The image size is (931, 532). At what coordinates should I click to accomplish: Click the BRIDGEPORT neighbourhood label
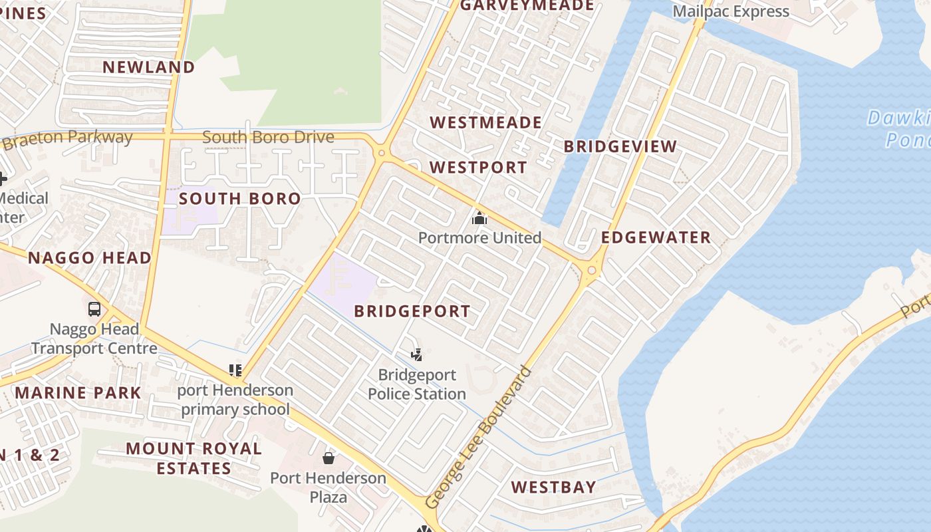412,311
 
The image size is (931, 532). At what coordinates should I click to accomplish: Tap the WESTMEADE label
485,123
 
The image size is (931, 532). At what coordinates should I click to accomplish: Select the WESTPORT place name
477,168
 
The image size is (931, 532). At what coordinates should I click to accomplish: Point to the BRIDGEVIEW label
620,147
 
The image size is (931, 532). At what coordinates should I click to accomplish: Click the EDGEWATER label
656,238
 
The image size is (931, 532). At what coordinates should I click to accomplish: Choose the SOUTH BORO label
239,199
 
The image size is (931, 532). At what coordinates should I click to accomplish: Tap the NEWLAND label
148,67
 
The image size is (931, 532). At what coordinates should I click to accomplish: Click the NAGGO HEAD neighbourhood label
89,258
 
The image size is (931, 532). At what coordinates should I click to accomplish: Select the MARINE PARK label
78,393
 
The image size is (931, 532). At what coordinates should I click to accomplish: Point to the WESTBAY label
553,487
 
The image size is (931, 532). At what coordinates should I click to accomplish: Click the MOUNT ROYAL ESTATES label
194,458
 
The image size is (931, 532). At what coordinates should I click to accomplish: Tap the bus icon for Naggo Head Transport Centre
94,309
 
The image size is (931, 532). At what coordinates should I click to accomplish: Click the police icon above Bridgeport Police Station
416,354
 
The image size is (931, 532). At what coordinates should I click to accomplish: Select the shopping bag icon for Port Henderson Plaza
328,458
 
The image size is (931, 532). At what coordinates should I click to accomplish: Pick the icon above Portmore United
479,217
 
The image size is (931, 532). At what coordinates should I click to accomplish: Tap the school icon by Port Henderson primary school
235,370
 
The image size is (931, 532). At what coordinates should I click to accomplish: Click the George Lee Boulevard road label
478,438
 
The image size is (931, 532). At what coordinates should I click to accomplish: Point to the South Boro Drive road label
267,138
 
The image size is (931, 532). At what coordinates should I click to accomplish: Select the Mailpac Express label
730,11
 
